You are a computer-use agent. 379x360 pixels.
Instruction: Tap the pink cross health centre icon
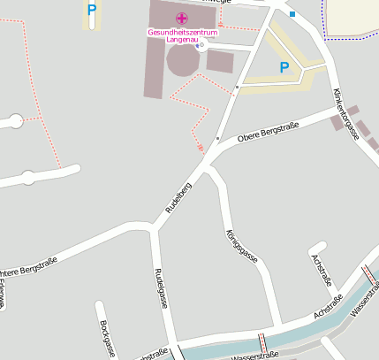pyautogui.click(x=181, y=18)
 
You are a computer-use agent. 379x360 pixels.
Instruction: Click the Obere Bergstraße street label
pyautogui.click(x=269, y=133)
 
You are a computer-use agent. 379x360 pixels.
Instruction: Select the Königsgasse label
pyautogui.click(x=240, y=247)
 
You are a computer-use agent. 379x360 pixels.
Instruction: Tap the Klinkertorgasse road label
pyautogui.click(x=345, y=114)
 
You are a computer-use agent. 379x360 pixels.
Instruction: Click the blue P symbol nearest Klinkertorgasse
pyautogui.click(x=284, y=67)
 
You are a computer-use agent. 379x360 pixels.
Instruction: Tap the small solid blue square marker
pyautogui.click(x=292, y=14)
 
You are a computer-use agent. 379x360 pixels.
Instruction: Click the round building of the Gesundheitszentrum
pyautogui.click(x=183, y=61)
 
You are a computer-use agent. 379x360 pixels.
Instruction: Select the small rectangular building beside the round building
pyautogui.click(x=220, y=62)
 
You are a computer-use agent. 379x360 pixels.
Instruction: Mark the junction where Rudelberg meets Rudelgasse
pyautogui.click(x=155, y=228)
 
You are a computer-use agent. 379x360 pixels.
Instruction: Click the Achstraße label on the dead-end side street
pyautogui.click(x=322, y=270)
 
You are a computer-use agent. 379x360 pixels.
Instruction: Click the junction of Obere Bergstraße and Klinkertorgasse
pyautogui.click(x=338, y=109)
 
